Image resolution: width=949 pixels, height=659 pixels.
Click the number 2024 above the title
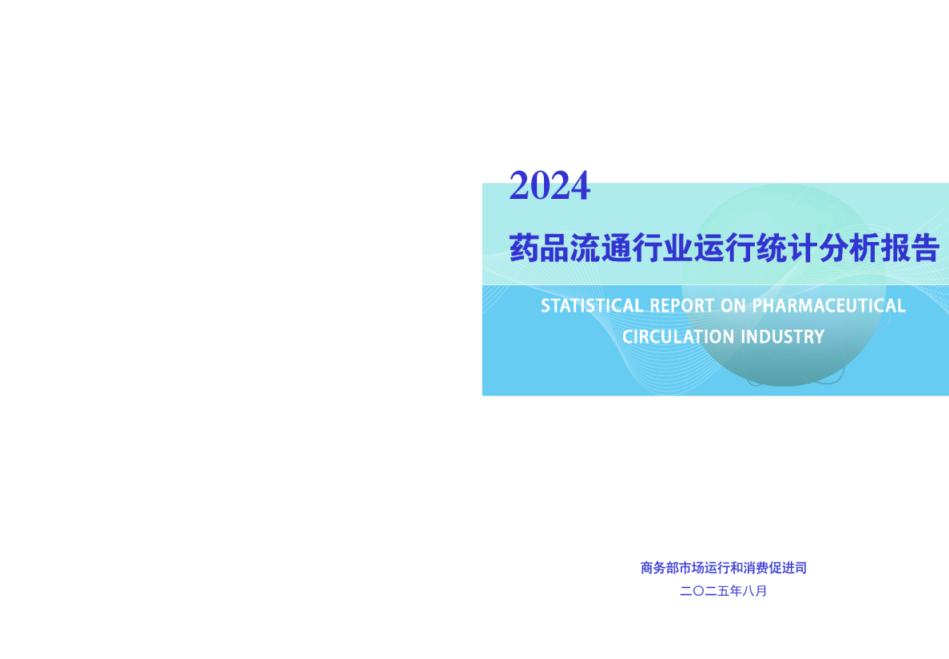coord(550,186)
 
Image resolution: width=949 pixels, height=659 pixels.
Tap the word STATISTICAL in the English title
coord(592,306)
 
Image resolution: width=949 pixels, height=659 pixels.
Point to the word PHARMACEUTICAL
coord(829,306)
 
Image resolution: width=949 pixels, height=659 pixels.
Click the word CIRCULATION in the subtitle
coord(678,337)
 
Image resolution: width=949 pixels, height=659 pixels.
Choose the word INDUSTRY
coord(782,337)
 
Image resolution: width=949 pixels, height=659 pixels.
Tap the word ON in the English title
coord(735,306)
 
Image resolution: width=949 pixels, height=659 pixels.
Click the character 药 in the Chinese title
coord(524,249)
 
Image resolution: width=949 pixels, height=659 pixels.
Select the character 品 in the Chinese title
coord(555,249)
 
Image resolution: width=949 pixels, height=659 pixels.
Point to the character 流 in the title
coord(586,249)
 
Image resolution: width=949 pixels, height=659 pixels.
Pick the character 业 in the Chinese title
coord(677,249)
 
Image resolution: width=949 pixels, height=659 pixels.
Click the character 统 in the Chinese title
coord(769,249)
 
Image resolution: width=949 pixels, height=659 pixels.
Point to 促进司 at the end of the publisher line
coord(788,568)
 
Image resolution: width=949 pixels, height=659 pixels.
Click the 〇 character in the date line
coord(697,592)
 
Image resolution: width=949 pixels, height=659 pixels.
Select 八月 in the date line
coord(755,592)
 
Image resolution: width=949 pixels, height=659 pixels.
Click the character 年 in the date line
coord(735,592)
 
